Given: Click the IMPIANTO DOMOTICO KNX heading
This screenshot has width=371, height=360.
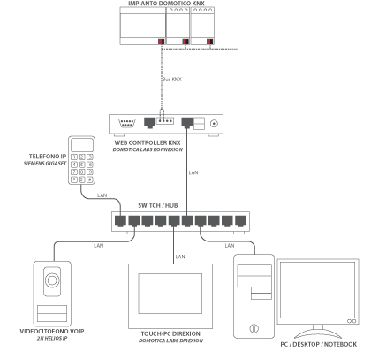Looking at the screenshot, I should coord(172,5).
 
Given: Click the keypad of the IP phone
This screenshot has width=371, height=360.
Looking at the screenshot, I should coord(84,168).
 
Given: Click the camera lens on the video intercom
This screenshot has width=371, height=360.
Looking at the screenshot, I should coord(51,285).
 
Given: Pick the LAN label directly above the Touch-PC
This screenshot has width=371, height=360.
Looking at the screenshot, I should coord(179,257).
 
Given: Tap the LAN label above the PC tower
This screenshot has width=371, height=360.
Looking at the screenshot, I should coord(230,243).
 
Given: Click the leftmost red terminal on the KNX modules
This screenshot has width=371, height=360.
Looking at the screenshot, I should coord(159,42).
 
